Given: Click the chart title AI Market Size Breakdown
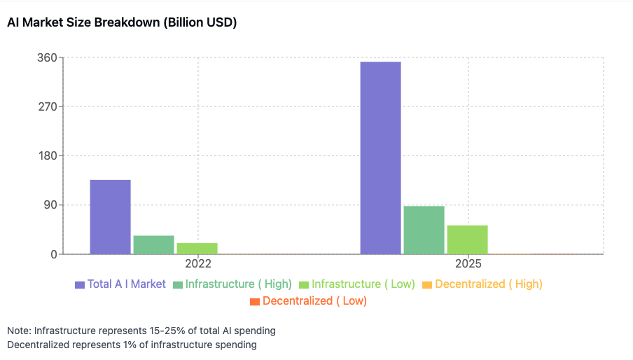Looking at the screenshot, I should pos(122,23).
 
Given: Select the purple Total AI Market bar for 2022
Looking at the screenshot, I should pos(111,217).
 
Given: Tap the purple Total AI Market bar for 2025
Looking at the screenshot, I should pos(380,158).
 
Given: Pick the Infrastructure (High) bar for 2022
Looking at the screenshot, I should pos(153,244).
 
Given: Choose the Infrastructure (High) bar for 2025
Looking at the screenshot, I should pos(424,230).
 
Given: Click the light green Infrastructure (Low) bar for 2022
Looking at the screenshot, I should pos(197,248).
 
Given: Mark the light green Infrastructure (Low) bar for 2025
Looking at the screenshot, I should pos(467,240).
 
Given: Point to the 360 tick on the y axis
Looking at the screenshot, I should pos(46,58).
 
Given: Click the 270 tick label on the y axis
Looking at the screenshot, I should pos(46,107).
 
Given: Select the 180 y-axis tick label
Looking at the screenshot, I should pos(46,156).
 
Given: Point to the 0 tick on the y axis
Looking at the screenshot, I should pos(53,254).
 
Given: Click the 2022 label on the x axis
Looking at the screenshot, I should pos(198,265).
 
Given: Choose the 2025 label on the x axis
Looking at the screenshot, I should pos(468,265).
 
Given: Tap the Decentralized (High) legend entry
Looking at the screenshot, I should pos(488,284).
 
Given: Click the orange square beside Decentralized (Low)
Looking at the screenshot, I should pos(255,301).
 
